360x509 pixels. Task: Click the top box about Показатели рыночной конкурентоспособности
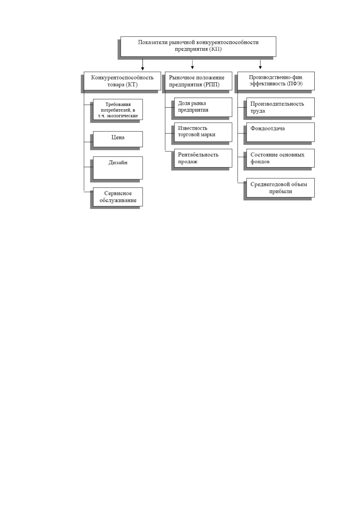click(x=198, y=46)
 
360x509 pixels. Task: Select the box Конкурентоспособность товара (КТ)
click(x=122, y=81)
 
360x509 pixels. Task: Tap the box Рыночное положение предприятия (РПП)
click(x=198, y=81)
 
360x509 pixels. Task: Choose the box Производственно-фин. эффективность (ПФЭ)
click(x=276, y=81)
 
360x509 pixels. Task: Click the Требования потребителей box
click(x=118, y=109)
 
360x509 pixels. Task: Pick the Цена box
click(x=118, y=139)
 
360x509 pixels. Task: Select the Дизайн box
click(x=118, y=168)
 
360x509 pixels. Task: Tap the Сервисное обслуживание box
click(x=118, y=197)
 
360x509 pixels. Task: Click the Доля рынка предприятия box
click(x=203, y=107)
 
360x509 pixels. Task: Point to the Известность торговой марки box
click(x=203, y=132)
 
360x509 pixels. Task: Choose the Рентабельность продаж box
click(x=203, y=158)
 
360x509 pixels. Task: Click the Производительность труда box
click(x=281, y=107)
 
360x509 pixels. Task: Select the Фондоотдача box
click(x=281, y=132)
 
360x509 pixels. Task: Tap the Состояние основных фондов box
click(x=281, y=158)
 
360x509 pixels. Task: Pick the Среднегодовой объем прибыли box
click(x=281, y=188)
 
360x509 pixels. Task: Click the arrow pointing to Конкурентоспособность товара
click(x=142, y=65)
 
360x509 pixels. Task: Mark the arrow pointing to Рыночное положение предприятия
click(x=192, y=64)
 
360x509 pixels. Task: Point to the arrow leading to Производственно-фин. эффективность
click(x=260, y=64)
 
